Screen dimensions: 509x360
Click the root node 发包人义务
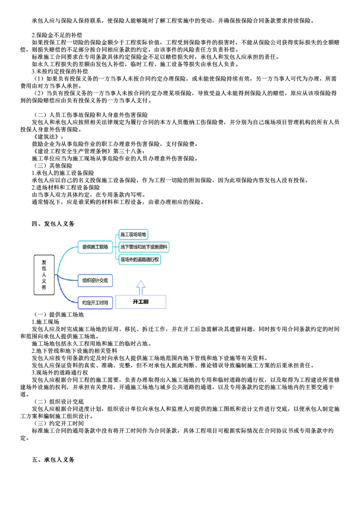click(x=44, y=275)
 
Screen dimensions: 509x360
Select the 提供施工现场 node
click(x=95, y=247)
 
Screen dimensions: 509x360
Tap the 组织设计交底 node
click(x=95, y=281)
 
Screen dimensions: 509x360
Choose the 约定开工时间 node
click(x=95, y=303)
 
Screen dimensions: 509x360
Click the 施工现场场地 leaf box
click(x=133, y=234)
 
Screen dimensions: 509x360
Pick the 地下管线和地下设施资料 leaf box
click(x=144, y=247)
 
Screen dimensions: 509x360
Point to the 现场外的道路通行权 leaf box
click(x=140, y=259)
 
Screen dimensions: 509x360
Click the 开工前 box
click(x=142, y=302)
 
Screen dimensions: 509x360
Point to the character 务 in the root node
click(x=44, y=288)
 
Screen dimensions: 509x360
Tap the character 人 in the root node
click(x=44, y=275)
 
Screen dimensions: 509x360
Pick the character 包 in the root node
click(x=44, y=268)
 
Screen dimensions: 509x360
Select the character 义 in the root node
click(x=44, y=281)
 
